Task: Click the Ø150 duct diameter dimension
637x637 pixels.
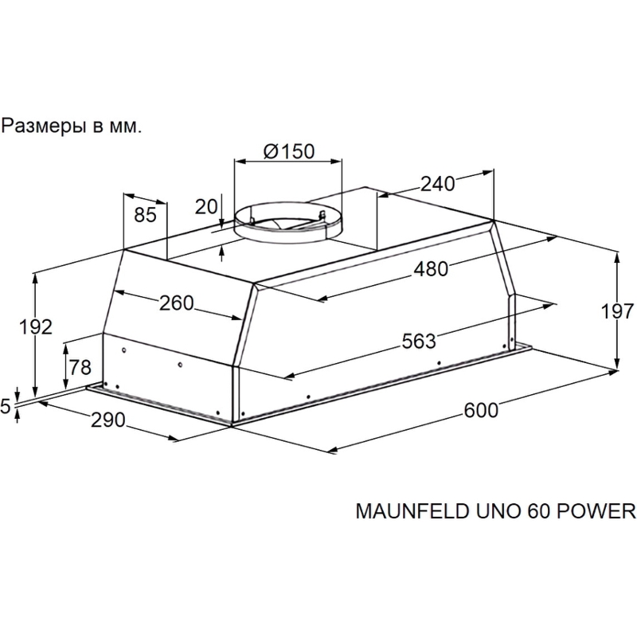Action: pos(289,151)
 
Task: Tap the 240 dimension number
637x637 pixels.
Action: pos(437,184)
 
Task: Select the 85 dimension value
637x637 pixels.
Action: pos(145,214)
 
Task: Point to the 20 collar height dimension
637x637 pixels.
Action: pos(206,207)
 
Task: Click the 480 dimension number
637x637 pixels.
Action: pos(431,269)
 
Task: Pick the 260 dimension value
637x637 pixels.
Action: pos(176,303)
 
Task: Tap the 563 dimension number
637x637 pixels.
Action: pos(419,341)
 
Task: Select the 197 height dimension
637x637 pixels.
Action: pos(617,311)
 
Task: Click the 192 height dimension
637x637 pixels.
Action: pos(36,327)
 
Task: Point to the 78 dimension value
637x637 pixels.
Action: pos(80,368)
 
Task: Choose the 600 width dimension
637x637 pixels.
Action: pos(481,410)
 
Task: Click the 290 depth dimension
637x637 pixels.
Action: pos(107,420)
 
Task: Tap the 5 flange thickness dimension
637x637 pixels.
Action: pos(6,406)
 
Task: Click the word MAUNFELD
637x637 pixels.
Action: pos(412,511)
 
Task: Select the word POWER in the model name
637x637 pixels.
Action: pos(596,511)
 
